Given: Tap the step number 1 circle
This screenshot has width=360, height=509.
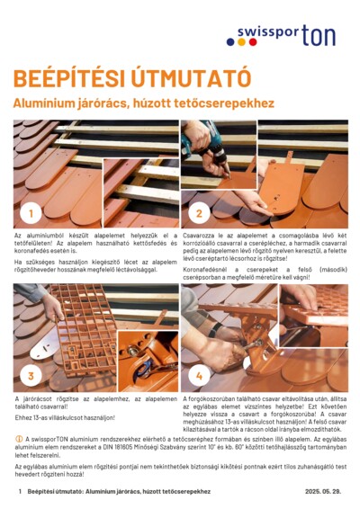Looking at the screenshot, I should click(31, 212).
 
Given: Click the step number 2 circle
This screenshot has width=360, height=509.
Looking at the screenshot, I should click(198, 212).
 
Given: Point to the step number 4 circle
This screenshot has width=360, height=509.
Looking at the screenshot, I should click(198, 375).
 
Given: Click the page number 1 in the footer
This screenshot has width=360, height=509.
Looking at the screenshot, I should click(19, 492).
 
